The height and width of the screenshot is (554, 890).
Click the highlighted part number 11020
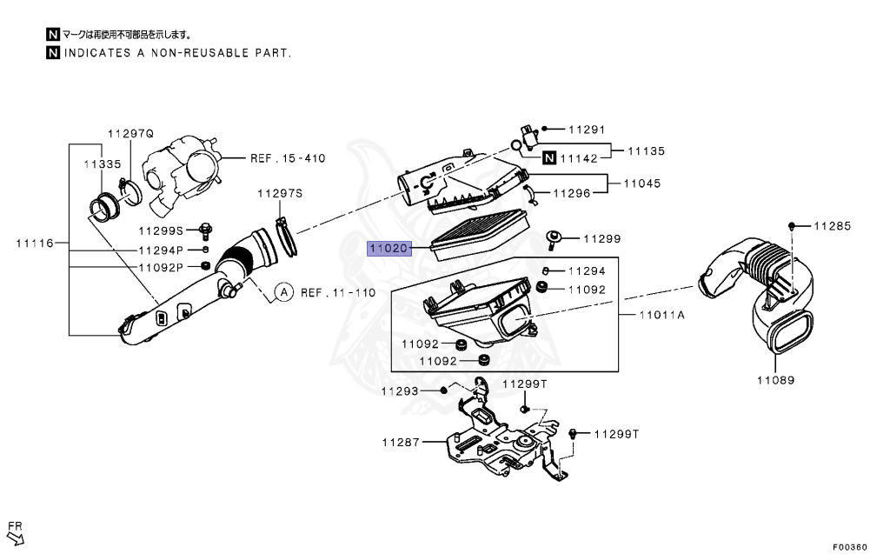[388, 249]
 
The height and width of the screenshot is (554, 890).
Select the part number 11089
[774, 380]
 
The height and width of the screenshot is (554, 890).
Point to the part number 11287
[400, 442]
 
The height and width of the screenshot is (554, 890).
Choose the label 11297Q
[130, 133]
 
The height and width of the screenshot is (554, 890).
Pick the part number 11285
[833, 226]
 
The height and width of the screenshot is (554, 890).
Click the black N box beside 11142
[549, 158]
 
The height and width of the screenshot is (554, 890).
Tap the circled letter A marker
[283, 292]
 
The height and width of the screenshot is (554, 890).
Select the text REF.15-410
[288, 158]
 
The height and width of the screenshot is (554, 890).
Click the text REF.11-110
[338, 292]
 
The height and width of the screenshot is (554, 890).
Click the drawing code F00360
[849, 547]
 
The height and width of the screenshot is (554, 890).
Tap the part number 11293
[400, 391]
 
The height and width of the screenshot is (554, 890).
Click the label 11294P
[161, 250]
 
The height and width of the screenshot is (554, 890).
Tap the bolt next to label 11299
[553, 237]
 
